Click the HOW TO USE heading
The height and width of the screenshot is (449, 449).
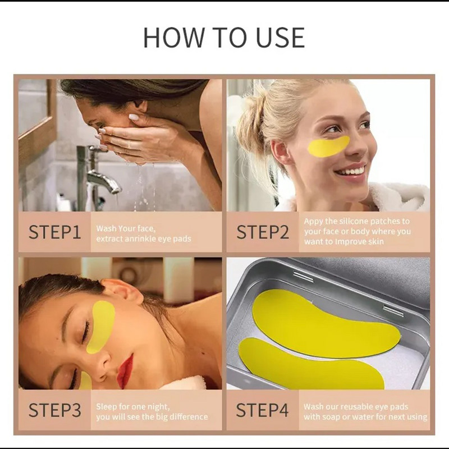[x=224, y=38]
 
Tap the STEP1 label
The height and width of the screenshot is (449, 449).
[x=54, y=232]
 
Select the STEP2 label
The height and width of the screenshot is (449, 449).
[x=263, y=232]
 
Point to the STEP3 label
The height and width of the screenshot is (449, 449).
[x=54, y=410]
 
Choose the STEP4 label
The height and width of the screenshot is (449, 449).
[x=262, y=410]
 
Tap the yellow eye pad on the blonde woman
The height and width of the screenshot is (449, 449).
[x=328, y=146]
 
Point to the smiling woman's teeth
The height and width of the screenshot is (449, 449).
[x=353, y=172]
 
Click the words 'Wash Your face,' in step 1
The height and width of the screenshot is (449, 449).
[x=126, y=228]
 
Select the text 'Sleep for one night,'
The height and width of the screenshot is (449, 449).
[x=133, y=406]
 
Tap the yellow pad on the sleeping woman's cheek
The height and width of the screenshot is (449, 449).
[x=102, y=327]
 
